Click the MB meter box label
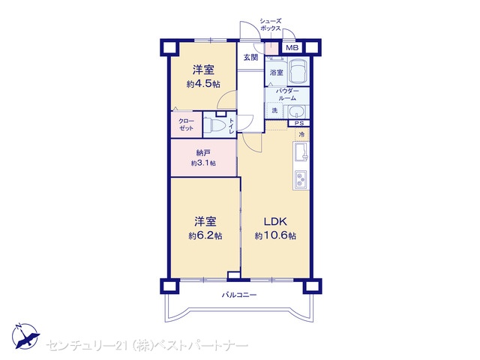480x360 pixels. click(x=292, y=48)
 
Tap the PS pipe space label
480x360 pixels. click(x=299, y=123)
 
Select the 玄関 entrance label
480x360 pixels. click(x=250, y=57)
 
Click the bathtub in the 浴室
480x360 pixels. click(x=298, y=71)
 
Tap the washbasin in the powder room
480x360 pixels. click(x=296, y=112)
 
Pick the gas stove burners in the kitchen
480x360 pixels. click(x=301, y=179)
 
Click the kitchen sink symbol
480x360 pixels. click(x=301, y=152)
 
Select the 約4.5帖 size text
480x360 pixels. click(x=203, y=84)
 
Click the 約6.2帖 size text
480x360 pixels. click(x=205, y=235)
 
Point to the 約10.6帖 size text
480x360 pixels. click(x=275, y=235)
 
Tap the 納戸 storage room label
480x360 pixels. click(x=203, y=153)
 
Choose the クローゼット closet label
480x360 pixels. click(x=186, y=124)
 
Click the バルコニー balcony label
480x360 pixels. click(x=239, y=295)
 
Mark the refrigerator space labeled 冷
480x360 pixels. click(x=301, y=134)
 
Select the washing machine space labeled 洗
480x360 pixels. click(x=275, y=110)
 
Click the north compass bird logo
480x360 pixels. click(x=25, y=336)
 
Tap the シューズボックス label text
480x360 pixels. click(x=270, y=25)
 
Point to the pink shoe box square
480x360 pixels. click(x=271, y=48)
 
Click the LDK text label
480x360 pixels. click(x=275, y=221)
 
